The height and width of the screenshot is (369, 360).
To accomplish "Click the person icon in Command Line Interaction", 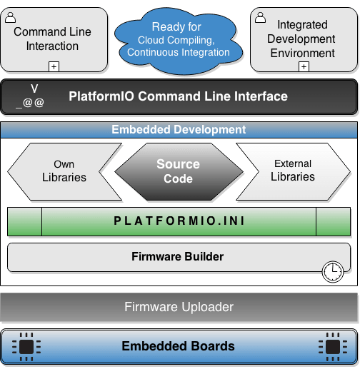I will pyautogui.click(x=11, y=18).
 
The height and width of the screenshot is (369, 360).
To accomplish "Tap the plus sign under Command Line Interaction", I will pyautogui.click(x=53, y=66).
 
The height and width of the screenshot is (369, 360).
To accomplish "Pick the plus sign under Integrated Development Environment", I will pyautogui.click(x=303, y=66).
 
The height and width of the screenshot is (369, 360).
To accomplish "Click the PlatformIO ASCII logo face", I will pyautogui.click(x=31, y=96).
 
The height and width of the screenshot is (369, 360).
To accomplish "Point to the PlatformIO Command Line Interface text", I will pyautogui.click(x=178, y=96).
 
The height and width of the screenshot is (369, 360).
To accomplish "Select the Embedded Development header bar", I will pyautogui.click(x=179, y=130).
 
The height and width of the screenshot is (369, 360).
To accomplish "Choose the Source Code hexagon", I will pyautogui.click(x=178, y=171).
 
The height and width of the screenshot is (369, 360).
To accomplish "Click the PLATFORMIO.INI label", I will pyautogui.click(x=179, y=221).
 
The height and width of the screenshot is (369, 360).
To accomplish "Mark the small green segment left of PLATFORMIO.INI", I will pyautogui.click(x=25, y=221).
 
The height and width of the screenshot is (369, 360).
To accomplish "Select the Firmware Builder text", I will pyautogui.click(x=178, y=256).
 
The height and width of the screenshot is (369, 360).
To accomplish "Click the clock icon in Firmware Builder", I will pyautogui.click(x=332, y=271).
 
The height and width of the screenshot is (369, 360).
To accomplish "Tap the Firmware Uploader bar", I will pyautogui.click(x=179, y=307).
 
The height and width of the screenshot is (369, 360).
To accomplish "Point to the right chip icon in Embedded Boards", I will pyautogui.click(x=331, y=346).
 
